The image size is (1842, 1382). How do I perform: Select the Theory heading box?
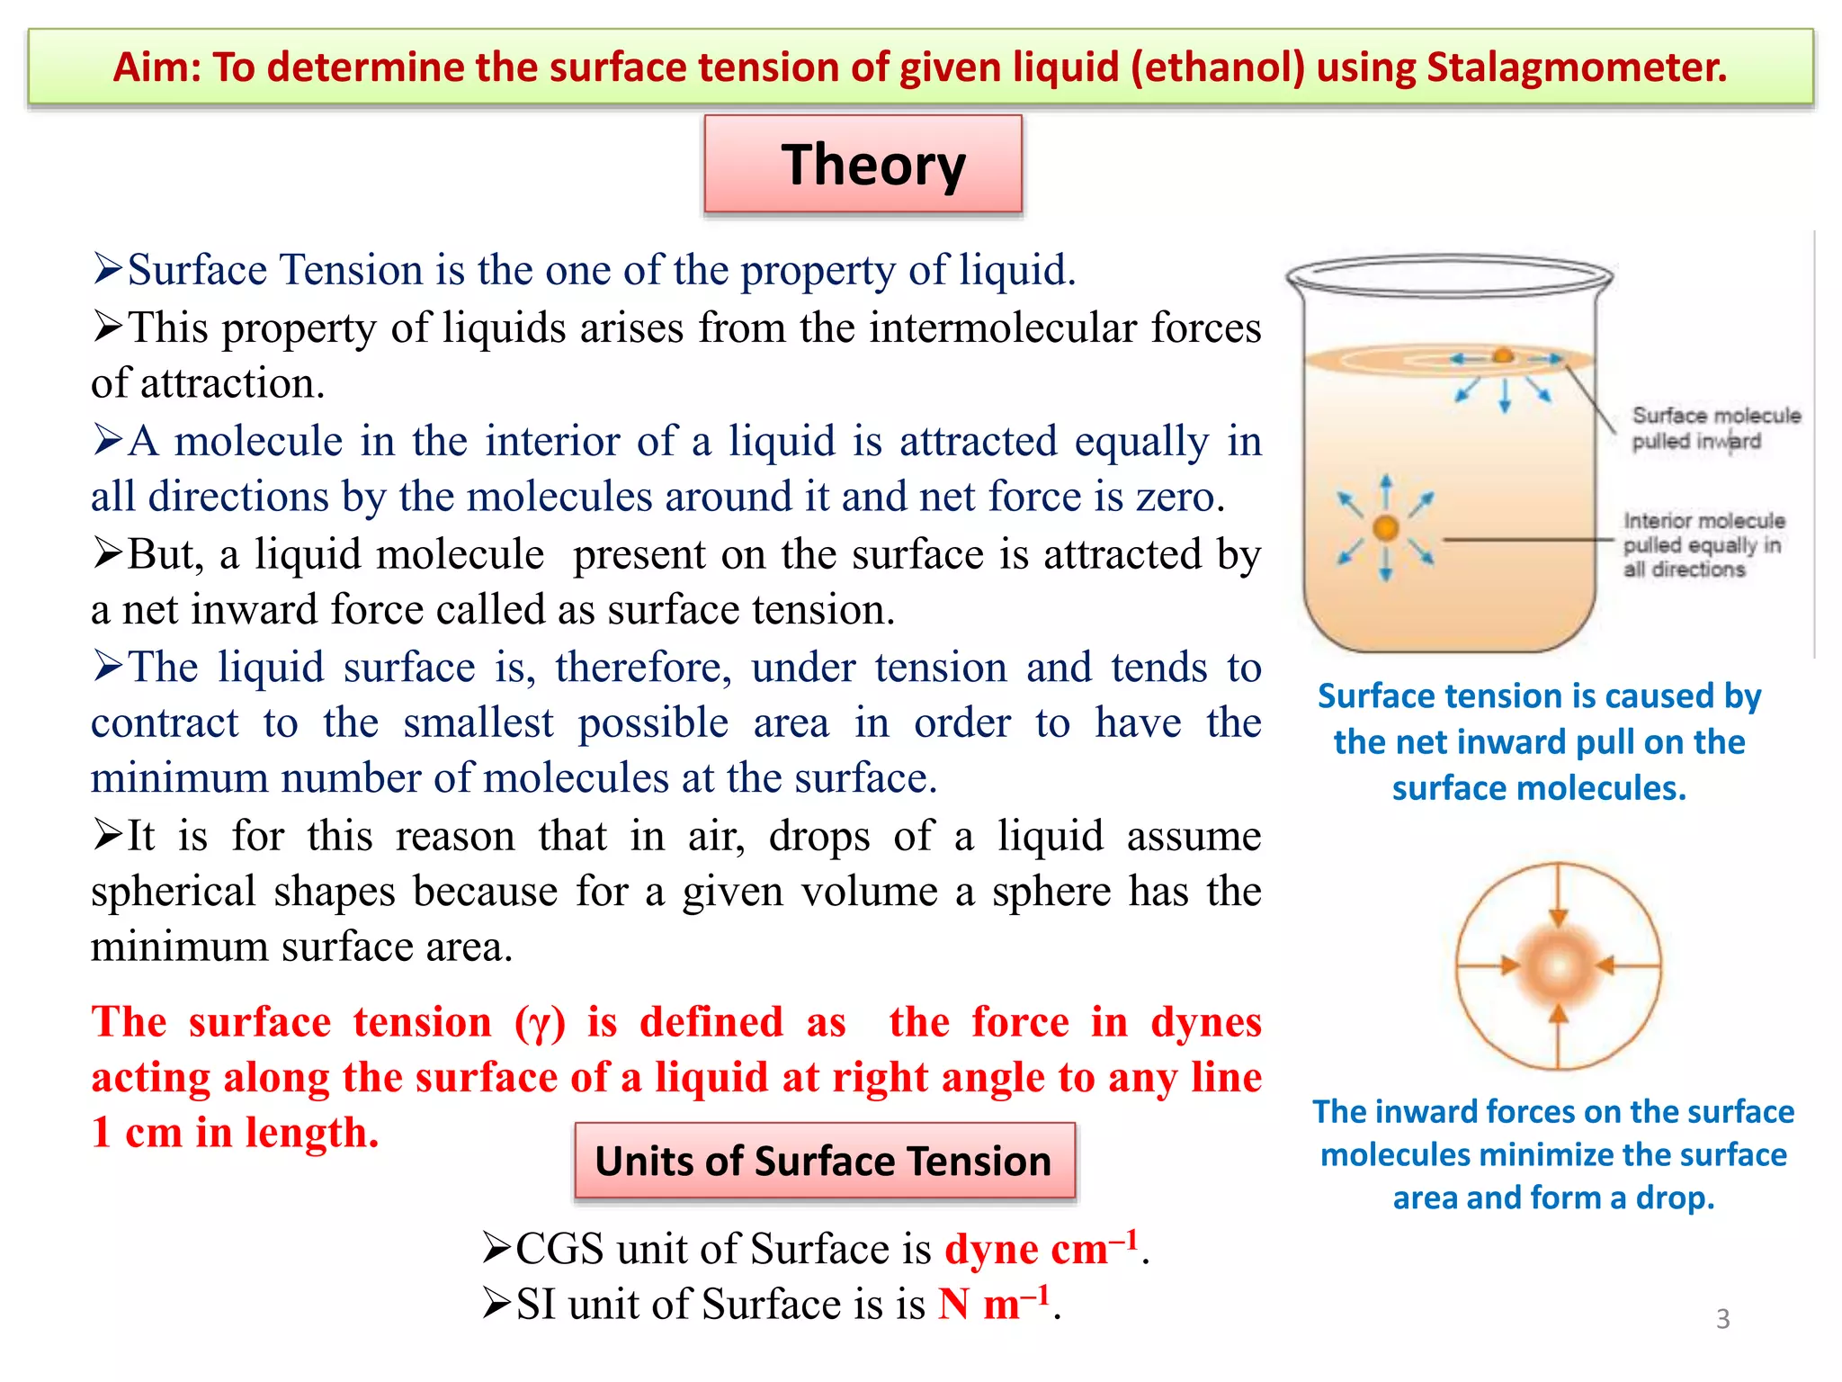(863, 165)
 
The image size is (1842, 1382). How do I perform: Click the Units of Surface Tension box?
(824, 1161)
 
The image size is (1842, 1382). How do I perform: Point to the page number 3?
(1722, 1319)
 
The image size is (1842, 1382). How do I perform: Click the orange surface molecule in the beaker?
(1503, 356)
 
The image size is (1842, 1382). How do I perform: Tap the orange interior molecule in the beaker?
(1386, 528)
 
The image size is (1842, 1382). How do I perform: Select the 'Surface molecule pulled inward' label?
(1714, 428)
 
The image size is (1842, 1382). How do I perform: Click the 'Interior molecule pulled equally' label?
(1702, 544)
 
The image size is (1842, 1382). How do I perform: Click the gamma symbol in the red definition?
(540, 1024)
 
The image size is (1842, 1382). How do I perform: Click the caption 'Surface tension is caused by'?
(1539, 696)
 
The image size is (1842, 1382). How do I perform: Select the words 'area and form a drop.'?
(1553, 1198)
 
